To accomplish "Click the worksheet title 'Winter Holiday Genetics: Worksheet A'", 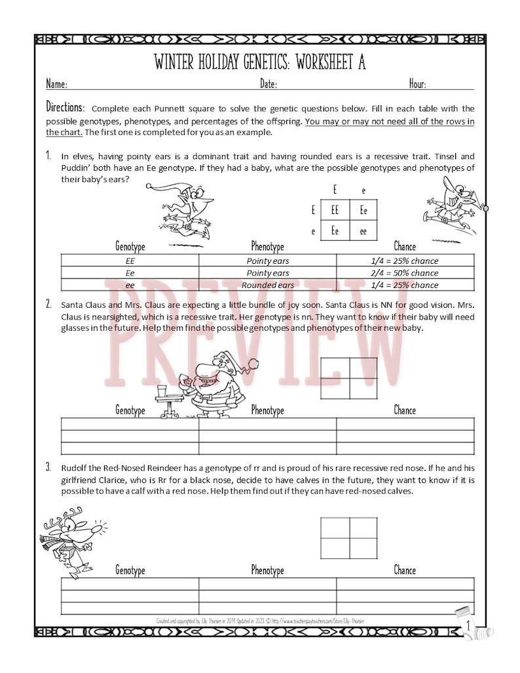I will (x=259, y=62).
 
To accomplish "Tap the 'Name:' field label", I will (x=56, y=84).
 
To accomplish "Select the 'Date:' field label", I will (x=269, y=84).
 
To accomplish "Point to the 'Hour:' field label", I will (x=418, y=84).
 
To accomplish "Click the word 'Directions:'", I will (x=65, y=107).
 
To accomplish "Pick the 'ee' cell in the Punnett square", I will (x=363, y=230).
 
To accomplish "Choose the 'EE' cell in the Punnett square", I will (x=335, y=210).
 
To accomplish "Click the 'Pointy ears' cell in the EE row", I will (x=267, y=261).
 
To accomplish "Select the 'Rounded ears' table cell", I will (x=267, y=285).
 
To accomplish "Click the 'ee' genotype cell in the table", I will (x=130, y=285).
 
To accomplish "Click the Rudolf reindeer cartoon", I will (x=73, y=541).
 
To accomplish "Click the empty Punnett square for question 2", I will (x=348, y=378).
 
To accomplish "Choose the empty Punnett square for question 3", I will (x=348, y=537).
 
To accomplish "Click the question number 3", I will (x=48, y=467).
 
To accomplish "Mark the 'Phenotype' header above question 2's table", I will (x=267, y=410).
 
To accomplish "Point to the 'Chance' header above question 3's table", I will (x=404, y=570).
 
